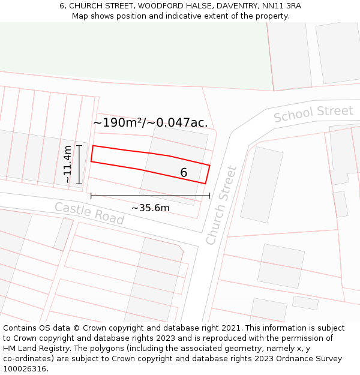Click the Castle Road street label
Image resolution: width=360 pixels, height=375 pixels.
[x=89, y=214]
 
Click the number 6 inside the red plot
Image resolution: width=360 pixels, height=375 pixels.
[x=184, y=173]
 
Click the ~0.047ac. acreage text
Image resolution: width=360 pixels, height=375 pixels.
[x=178, y=123]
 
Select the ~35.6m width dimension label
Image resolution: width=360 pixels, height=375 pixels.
[x=151, y=208]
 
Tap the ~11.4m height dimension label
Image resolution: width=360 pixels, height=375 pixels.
[x=68, y=164]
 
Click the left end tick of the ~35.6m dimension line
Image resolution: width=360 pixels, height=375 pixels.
[x=91, y=196]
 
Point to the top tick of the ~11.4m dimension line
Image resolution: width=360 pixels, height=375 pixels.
[x=79, y=145]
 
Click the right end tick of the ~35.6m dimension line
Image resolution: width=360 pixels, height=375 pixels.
[x=209, y=196]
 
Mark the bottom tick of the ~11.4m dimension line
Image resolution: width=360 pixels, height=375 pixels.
[x=79, y=184]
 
